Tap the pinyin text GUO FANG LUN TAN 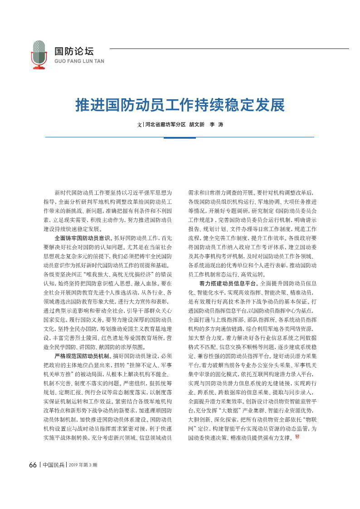[79, 60]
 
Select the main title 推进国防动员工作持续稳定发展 [180, 105]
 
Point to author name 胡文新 [197, 124]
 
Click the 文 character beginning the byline [139, 124]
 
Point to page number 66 [33, 465]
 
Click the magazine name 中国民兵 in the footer [53, 465]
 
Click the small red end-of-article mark [297, 436]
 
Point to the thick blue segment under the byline [180, 137]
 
